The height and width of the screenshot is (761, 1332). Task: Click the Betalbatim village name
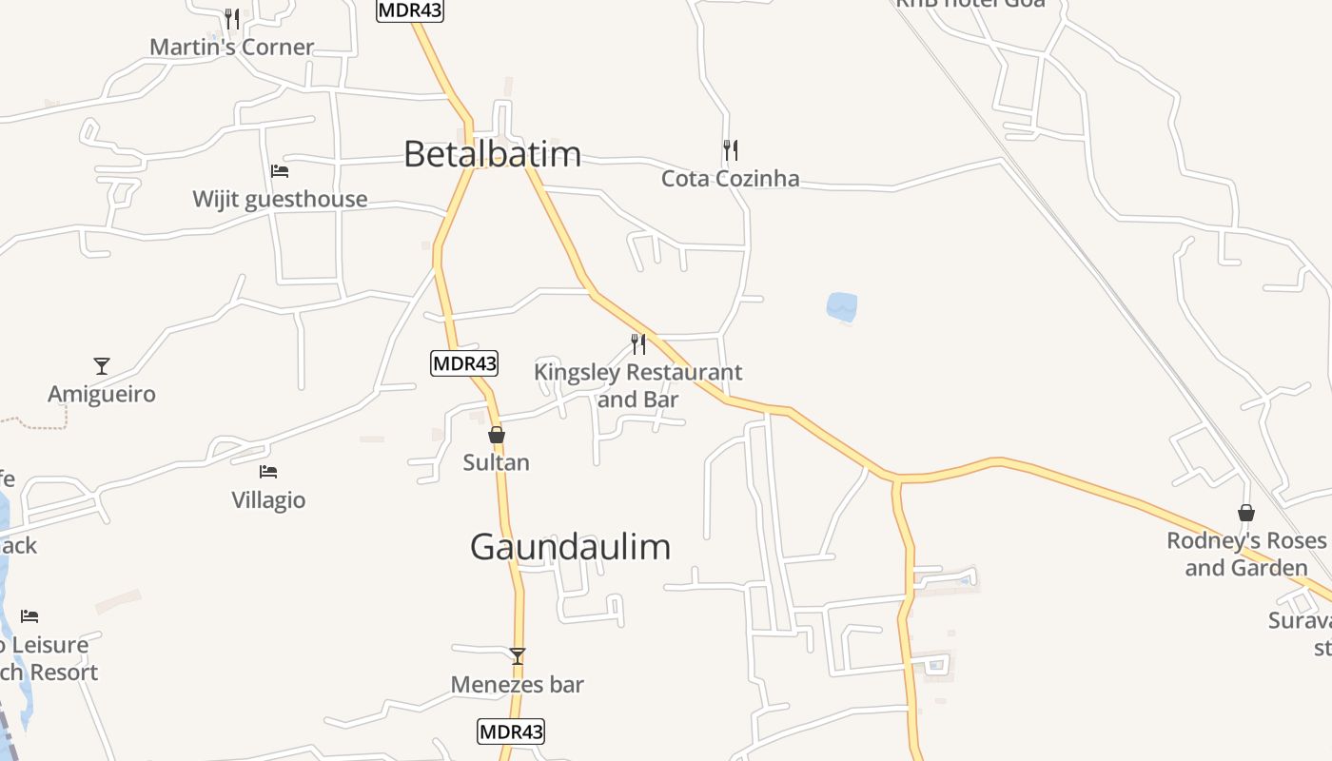[492, 154]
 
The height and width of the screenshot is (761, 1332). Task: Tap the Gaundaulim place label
[570, 547]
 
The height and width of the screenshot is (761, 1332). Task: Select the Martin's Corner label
[231, 48]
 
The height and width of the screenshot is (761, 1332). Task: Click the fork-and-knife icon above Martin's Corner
[231, 18]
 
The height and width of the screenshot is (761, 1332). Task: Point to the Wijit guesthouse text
[280, 200]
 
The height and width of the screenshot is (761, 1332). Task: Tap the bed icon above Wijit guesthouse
[280, 171]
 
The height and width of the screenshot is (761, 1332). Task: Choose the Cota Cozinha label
[730, 179]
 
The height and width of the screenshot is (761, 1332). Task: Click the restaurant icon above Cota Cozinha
[730, 150]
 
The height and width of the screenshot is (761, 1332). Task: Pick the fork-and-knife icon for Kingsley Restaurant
[638, 343]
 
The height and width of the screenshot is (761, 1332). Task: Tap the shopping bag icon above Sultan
[496, 435]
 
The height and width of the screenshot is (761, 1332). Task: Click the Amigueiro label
[102, 395]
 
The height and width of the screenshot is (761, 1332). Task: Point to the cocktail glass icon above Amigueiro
[102, 366]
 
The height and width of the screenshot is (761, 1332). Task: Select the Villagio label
[268, 500]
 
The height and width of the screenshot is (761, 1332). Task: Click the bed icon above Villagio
[268, 472]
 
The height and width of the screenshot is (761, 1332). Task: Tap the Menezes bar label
[517, 685]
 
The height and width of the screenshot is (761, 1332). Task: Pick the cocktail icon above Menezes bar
[517, 656]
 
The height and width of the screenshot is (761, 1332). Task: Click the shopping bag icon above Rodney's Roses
[1245, 513]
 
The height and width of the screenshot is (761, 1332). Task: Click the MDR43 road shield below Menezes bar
[511, 732]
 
